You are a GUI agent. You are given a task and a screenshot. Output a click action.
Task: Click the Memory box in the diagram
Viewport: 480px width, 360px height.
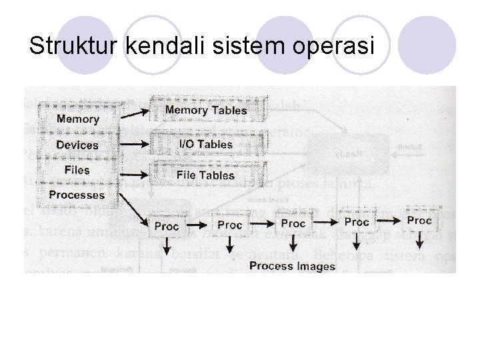coord(77,119)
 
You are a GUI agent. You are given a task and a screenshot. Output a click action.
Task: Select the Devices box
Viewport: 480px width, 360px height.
coord(77,145)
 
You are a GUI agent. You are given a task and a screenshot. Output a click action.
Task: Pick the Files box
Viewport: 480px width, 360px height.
coord(77,170)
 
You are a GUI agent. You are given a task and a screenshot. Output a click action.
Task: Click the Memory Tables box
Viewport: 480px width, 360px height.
coord(205,110)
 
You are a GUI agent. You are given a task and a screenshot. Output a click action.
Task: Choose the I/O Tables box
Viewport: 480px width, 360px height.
coord(205,143)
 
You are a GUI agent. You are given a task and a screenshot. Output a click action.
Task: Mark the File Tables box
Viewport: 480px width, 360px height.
coord(205,175)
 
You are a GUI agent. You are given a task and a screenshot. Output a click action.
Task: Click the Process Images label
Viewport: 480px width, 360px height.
coord(292,266)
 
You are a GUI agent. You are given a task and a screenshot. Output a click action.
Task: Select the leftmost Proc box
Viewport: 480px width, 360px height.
coord(166,225)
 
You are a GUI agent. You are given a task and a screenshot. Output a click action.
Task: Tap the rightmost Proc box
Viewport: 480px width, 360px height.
coord(419,220)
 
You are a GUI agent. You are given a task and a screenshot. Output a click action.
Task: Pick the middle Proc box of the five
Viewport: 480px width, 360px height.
coord(293,223)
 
